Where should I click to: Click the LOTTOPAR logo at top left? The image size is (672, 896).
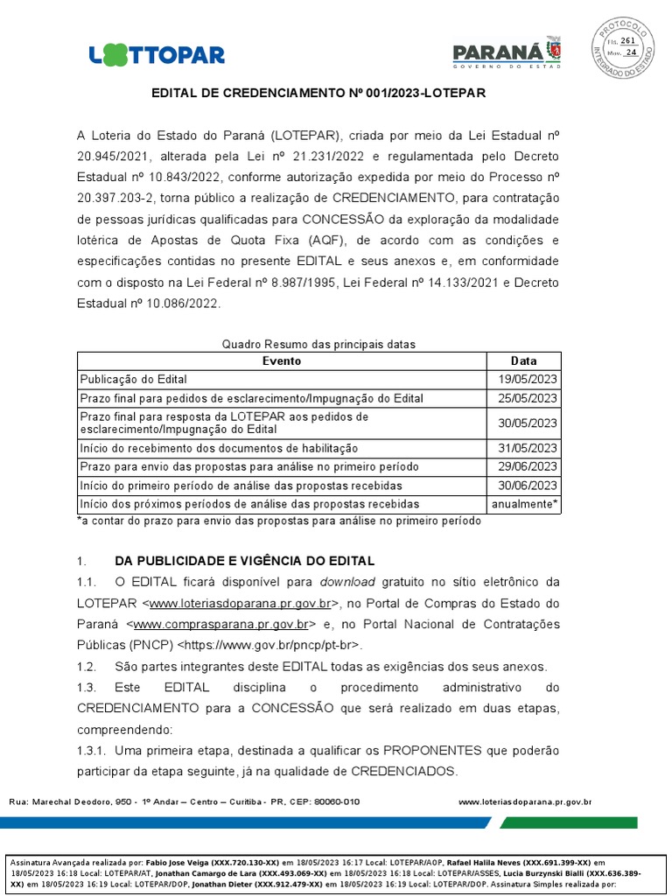[157, 54]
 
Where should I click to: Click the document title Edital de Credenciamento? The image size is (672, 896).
[318, 92]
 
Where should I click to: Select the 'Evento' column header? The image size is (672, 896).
[282, 360]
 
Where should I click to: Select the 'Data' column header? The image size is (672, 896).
[523, 360]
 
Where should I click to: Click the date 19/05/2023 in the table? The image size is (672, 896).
[523, 380]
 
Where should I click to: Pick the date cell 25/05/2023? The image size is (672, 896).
[523, 398]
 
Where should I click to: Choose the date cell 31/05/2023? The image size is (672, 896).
[523, 448]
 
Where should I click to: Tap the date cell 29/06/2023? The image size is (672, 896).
[523, 466]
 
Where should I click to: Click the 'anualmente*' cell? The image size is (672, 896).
[523, 504]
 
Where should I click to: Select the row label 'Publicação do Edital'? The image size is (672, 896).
[133, 380]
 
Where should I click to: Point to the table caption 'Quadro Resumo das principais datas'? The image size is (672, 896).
[318, 345]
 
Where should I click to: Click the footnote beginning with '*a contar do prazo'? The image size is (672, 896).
[279, 521]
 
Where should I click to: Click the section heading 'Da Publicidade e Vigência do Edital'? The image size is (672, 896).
[244, 560]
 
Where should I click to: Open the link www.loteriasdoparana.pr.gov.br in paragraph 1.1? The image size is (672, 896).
[240, 604]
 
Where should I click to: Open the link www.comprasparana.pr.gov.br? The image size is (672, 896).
[224, 625]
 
